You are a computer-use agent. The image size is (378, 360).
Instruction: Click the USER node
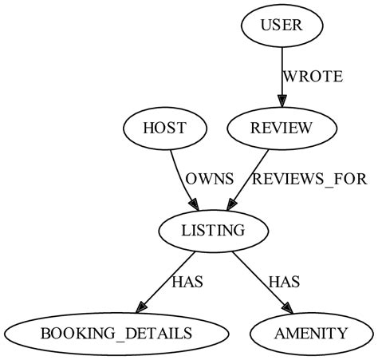pos(282,26)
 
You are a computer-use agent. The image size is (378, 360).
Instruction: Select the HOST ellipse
pos(165,128)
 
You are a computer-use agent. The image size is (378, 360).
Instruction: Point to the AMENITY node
pos(311,333)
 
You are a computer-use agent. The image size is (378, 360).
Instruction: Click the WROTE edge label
pos(313,77)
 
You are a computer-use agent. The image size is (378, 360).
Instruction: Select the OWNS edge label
pos(210,179)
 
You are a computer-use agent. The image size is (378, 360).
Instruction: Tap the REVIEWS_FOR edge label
pos(309,179)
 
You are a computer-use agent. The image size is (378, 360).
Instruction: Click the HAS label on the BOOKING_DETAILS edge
pos(187,281)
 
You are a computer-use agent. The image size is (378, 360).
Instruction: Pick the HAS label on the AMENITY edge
pos(283,281)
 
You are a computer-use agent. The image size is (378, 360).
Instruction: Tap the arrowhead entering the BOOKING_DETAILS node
pos(140,307)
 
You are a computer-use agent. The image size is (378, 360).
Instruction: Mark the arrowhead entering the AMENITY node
pos(288,308)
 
